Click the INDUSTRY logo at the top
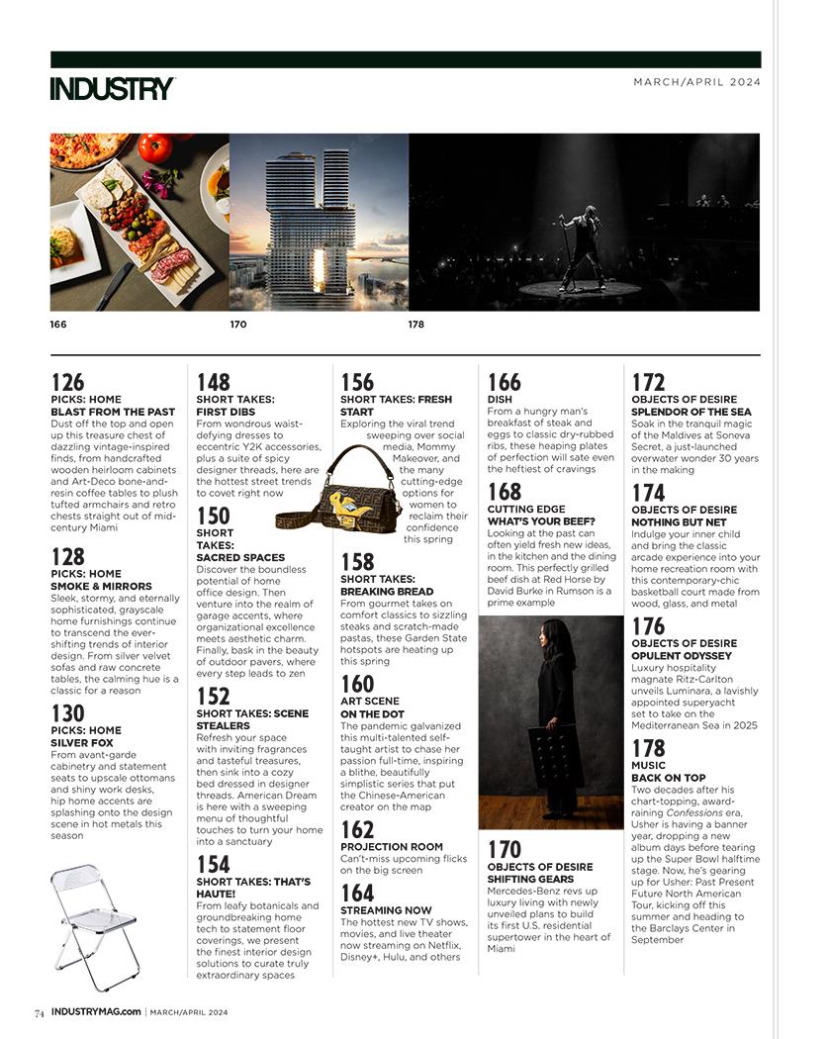point(112,88)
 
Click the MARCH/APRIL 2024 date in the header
point(696,82)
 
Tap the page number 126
point(67,382)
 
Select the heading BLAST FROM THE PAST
point(112,412)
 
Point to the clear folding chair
point(94,924)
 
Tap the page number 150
point(213,516)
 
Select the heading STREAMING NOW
point(386,909)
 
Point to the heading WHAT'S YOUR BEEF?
point(540,521)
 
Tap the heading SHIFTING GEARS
point(530,879)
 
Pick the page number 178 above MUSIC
point(648,749)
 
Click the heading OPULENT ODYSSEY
point(681,656)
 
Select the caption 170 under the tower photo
point(237,324)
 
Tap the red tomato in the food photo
point(155,148)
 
